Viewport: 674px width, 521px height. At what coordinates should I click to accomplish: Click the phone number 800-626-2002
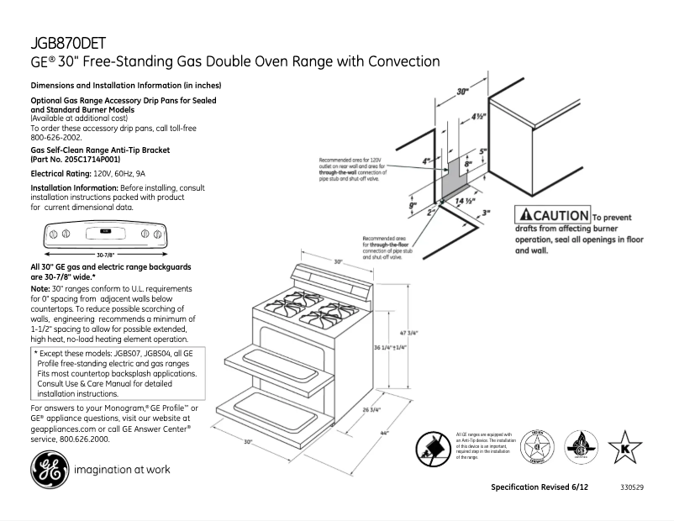pos(56,137)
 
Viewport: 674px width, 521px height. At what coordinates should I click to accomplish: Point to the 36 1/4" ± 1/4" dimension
pos(389,347)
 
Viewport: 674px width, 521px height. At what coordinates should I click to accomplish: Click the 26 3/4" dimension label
pos(371,410)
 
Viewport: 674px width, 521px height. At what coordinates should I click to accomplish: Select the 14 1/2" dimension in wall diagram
pos(466,202)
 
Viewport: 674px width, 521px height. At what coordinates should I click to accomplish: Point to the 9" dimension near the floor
pos(413,204)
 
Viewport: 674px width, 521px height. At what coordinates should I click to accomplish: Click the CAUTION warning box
pos(553,214)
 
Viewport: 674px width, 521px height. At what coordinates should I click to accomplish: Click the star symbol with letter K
pos(624,445)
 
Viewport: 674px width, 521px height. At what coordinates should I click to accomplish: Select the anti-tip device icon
pos(434,446)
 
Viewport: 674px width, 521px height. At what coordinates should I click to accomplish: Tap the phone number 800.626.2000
pos(82,439)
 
